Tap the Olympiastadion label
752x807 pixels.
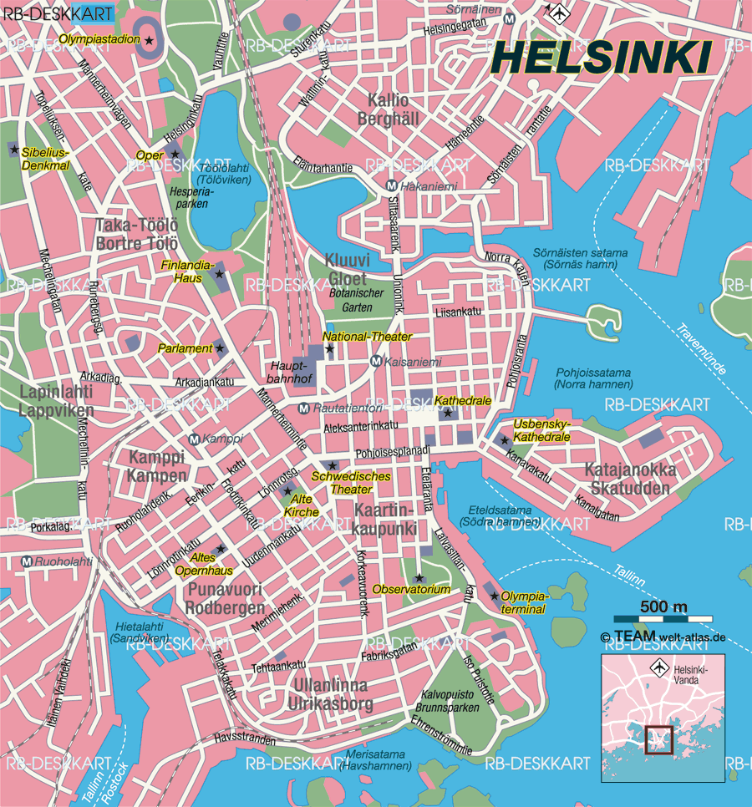coord(99,39)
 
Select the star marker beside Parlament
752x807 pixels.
coord(221,348)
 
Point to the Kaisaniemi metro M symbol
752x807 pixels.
coord(376,361)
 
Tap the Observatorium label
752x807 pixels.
coord(411,590)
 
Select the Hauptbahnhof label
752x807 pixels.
coord(290,373)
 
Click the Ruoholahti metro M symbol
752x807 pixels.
coord(27,562)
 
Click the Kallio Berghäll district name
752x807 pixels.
coord(388,109)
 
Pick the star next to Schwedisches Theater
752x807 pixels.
coord(333,465)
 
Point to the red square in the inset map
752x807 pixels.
coord(658,738)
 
